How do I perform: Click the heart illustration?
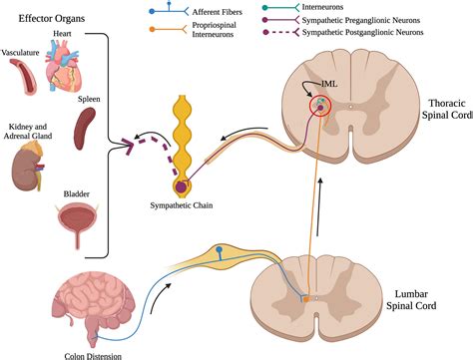[x=69, y=72]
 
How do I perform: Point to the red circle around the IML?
[x=320, y=105]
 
